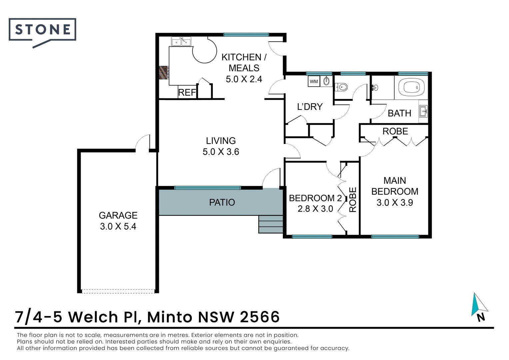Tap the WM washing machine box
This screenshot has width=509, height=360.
tap(314, 81)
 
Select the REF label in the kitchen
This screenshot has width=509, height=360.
tap(187, 93)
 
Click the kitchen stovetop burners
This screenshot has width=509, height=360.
tap(164, 73)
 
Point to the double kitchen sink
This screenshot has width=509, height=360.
tap(181, 42)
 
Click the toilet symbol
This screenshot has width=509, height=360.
tap(341, 87)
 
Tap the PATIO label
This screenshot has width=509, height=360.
tap(222, 202)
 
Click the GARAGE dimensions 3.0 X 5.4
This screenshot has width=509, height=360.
tap(118, 226)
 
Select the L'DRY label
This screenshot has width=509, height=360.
tap(310, 107)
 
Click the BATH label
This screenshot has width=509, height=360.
tap(399, 113)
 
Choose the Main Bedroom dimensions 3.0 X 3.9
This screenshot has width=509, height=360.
tap(395, 202)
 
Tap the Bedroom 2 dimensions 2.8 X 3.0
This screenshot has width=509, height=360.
tap(315, 209)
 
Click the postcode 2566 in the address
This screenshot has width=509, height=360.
tap(260, 317)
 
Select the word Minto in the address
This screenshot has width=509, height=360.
tap(170, 317)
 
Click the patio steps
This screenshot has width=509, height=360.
tap(270, 224)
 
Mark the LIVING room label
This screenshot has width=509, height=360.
tap(221, 141)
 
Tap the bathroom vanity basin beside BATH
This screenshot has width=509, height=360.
tap(423, 111)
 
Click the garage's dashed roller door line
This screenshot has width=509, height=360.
tap(118, 291)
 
